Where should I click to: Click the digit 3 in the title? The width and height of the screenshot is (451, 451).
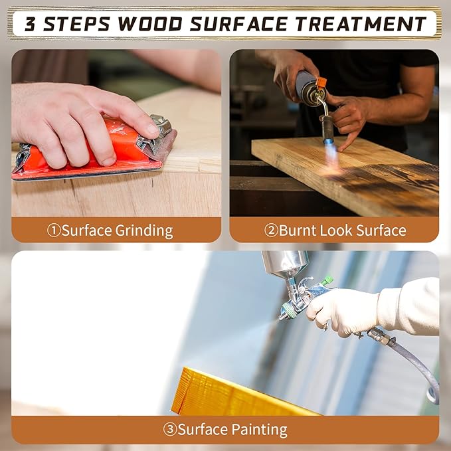tap(30, 24)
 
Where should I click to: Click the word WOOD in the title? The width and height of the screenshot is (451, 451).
tap(150, 24)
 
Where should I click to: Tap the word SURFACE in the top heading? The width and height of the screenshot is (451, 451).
tap(238, 24)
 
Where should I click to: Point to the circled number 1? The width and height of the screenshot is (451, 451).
tap(54, 230)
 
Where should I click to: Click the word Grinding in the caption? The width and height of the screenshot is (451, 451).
tap(144, 231)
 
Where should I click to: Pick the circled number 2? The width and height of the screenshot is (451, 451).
tap(271, 230)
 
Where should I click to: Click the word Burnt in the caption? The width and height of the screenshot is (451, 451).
tap(298, 230)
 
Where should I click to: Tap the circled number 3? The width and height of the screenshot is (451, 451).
tap(170, 430)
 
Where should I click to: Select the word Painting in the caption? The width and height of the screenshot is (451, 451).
tap(259, 430)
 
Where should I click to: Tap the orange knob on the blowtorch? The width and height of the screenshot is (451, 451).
tap(321, 82)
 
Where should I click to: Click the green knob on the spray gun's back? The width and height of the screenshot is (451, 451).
tap(328, 280)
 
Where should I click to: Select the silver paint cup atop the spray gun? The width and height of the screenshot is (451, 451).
tap(286, 262)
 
